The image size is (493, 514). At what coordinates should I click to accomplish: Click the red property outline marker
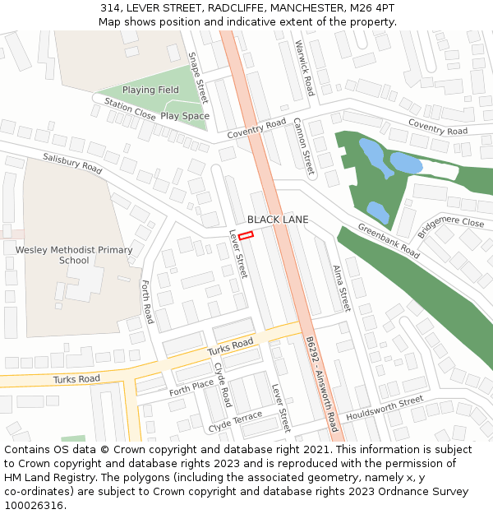pyautogui.click(x=246, y=235)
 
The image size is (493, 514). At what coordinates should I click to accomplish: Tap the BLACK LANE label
pyautogui.click(x=278, y=220)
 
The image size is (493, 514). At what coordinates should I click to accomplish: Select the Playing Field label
pyautogui.click(x=150, y=90)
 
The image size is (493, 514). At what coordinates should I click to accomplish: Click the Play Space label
pyautogui.click(x=184, y=116)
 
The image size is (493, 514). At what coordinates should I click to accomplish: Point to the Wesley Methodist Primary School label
pyautogui.click(x=74, y=255)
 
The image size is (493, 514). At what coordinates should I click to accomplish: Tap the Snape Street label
pyautogui.click(x=198, y=79)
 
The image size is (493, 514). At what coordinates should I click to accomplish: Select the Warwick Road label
pyautogui.click(x=304, y=68)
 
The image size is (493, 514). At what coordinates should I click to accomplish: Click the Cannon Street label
pyautogui.click(x=303, y=147)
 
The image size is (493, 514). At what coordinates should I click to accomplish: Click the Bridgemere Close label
pyautogui.click(x=450, y=223)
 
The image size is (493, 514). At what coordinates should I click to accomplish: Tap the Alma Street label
pyautogui.click(x=341, y=288)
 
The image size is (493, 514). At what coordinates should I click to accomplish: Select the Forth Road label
pyautogui.click(x=148, y=303)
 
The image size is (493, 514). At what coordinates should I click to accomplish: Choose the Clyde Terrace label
pyautogui.click(x=235, y=422)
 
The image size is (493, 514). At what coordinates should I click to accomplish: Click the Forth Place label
pyautogui.click(x=191, y=387)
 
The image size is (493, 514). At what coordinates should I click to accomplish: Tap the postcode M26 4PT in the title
pyautogui.click(x=374, y=7)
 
